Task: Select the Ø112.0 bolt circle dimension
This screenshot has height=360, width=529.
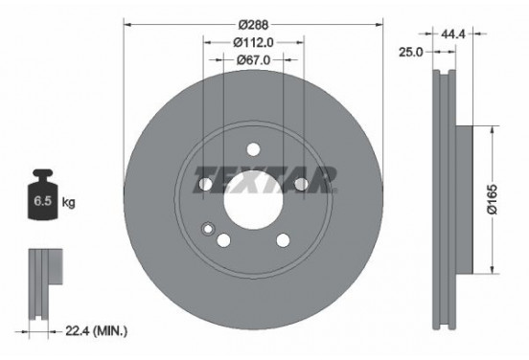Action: tap(254, 41)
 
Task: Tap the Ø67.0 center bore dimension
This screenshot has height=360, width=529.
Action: tap(254, 59)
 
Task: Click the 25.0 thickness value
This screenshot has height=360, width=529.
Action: tap(411, 53)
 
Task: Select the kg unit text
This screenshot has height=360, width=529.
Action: tap(68, 203)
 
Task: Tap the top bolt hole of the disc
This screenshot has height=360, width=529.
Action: tap(254, 148)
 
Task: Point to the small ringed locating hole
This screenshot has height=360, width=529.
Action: tap(207, 228)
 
